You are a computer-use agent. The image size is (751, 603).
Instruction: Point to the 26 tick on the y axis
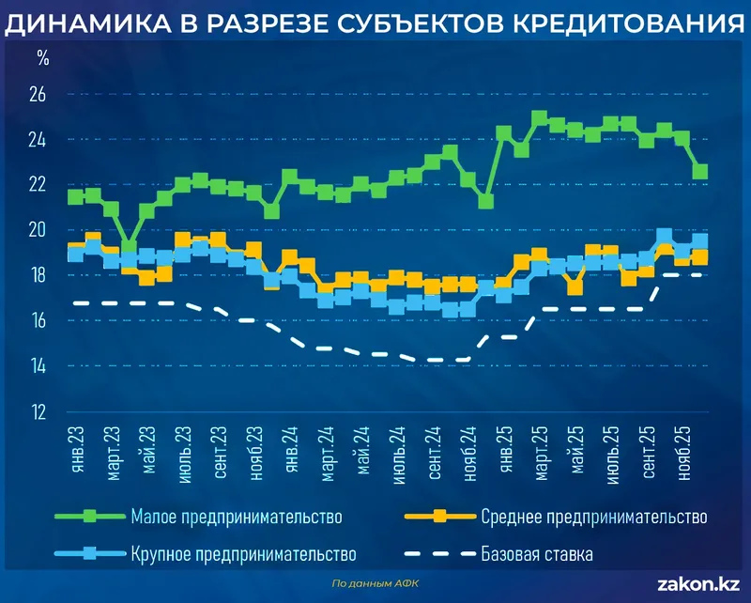38,95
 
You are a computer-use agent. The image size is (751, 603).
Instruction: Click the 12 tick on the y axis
38,412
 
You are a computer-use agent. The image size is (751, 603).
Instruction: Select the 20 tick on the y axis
38,230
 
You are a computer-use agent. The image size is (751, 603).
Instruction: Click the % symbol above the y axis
43,58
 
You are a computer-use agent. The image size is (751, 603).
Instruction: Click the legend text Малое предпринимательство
236,516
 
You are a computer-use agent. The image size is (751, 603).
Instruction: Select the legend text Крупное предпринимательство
243,553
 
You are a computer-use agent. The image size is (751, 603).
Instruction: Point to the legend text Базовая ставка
537,553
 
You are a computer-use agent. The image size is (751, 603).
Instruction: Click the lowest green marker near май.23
130,248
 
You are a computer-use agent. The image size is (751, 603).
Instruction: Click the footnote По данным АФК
377,583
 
